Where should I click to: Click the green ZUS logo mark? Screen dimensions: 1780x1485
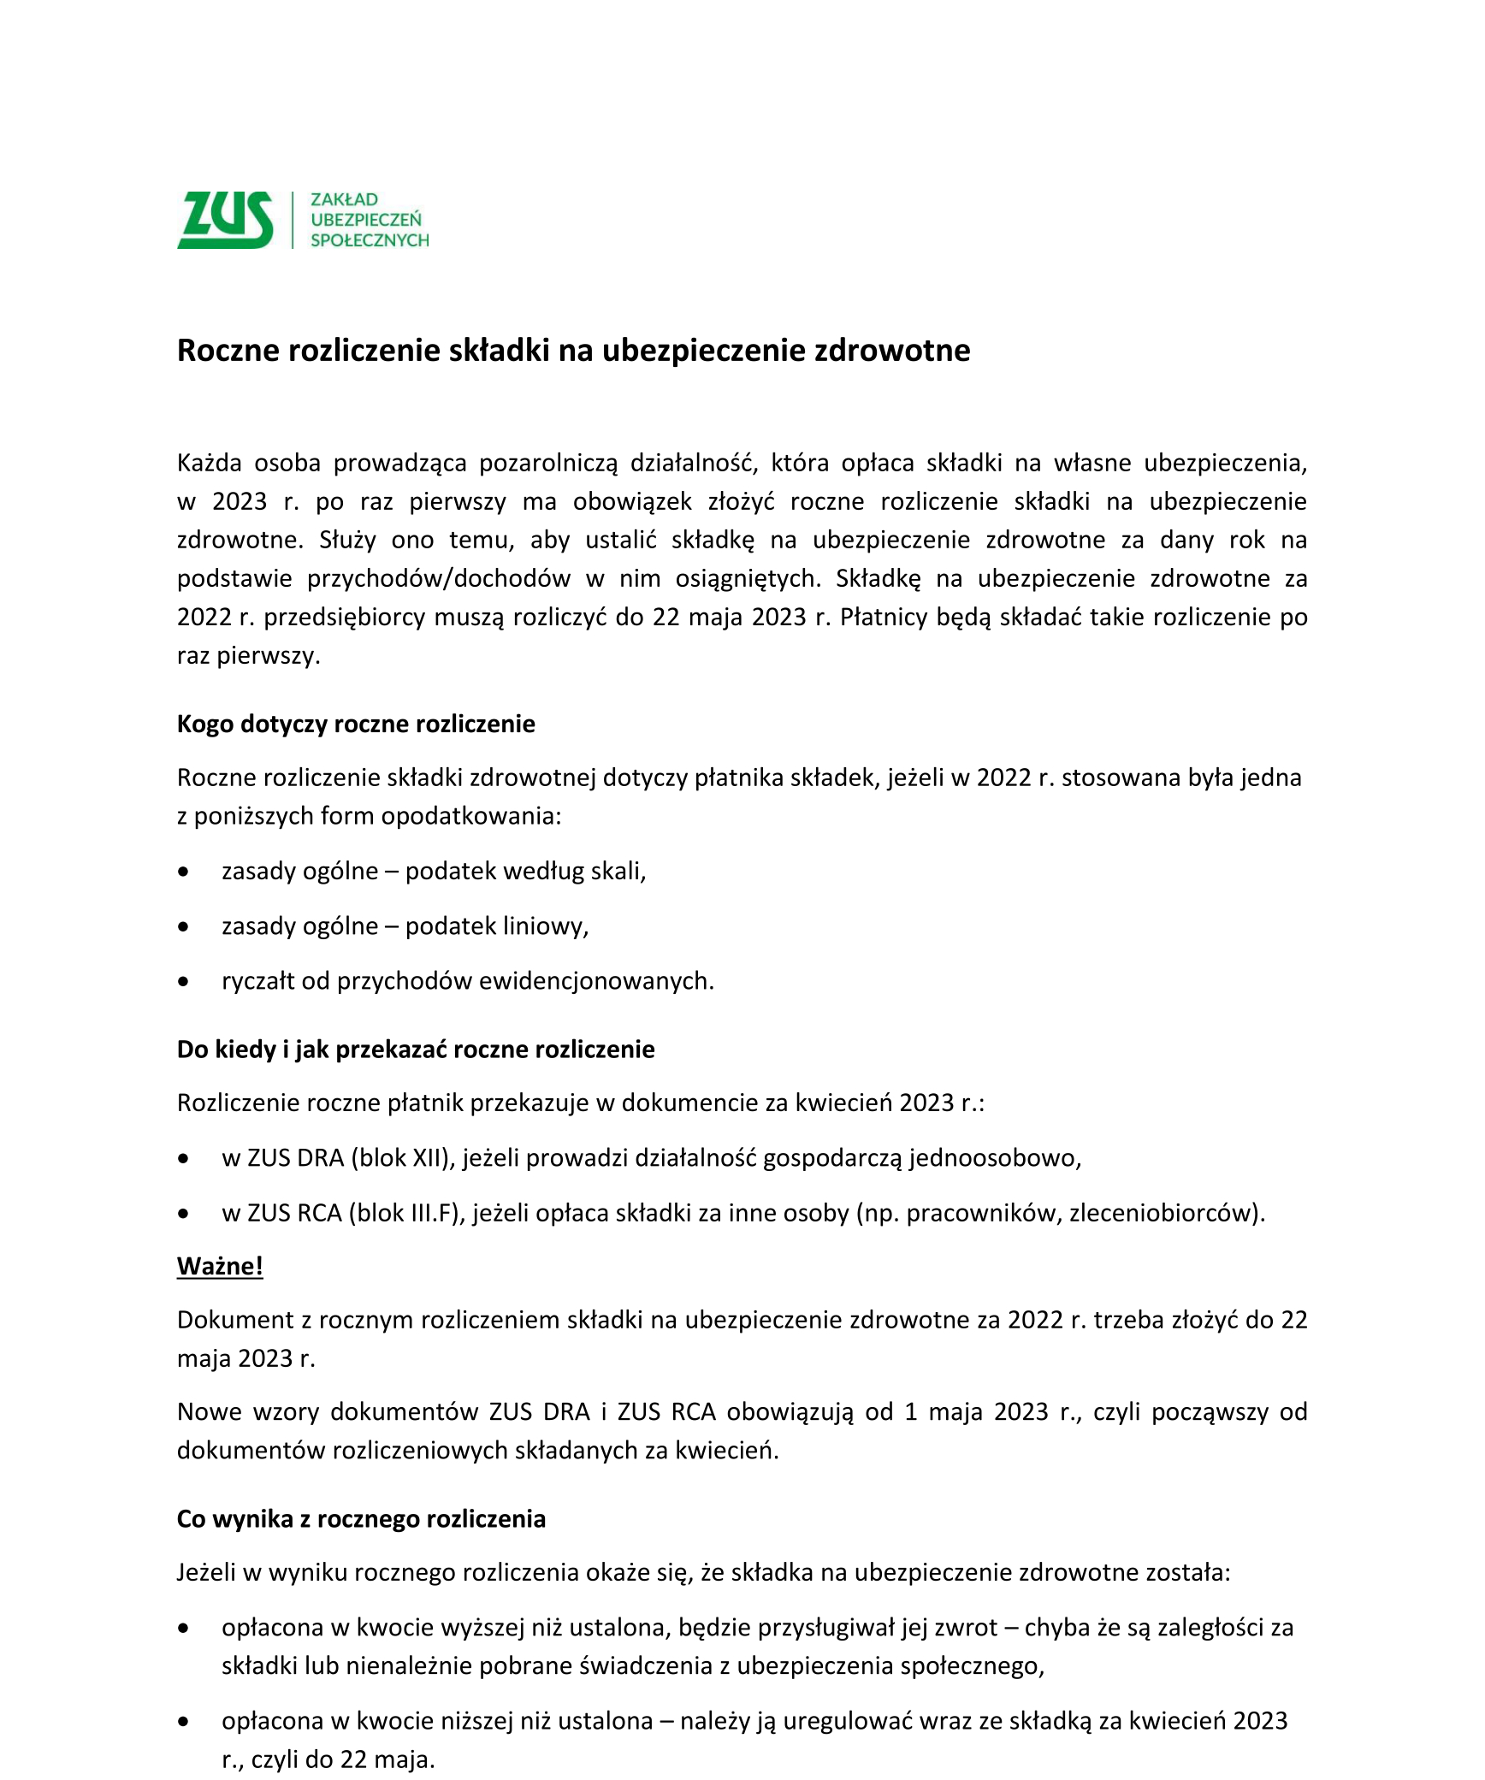tap(225, 220)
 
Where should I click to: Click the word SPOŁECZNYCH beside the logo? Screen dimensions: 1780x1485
tap(370, 241)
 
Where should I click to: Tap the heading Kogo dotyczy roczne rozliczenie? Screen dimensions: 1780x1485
tap(356, 724)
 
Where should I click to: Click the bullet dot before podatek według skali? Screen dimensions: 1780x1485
tap(183, 872)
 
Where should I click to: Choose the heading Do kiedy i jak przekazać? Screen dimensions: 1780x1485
tap(416, 1050)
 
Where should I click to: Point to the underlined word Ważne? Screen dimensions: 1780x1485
tap(220, 1266)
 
